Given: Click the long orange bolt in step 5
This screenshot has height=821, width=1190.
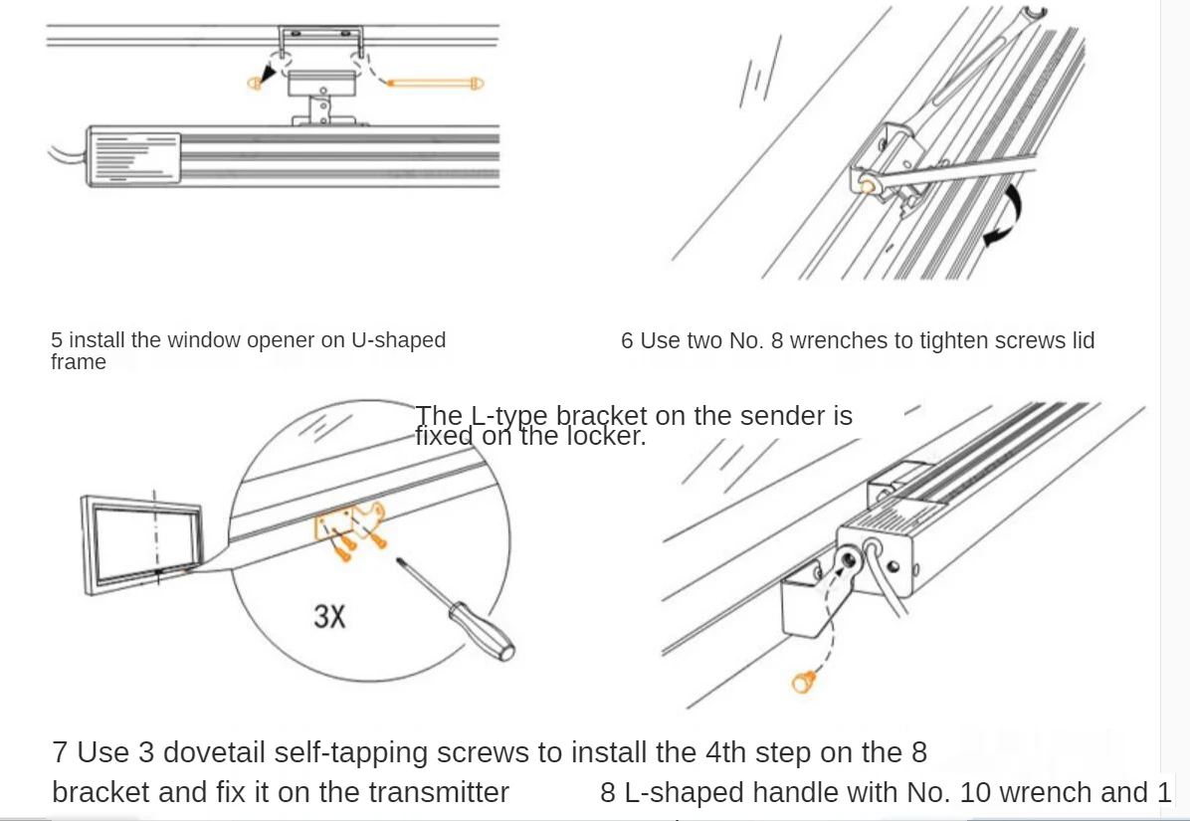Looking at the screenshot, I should pyautogui.click(x=436, y=83).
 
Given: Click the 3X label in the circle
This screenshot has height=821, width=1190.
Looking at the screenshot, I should pyautogui.click(x=329, y=617).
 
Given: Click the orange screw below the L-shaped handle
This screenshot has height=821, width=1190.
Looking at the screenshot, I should pyautogui.click(x=802, y=682).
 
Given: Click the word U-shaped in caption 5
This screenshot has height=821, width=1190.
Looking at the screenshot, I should pyautogui.click(x=398, y=340).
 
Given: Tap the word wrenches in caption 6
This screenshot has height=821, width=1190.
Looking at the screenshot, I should pyautogui.click(x=839, y=340).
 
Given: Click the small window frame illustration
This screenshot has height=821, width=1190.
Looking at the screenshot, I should pyautogui.click(x=140, y=542).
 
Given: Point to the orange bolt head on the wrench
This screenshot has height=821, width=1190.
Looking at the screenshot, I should pyautogui.click(x=868, y=185).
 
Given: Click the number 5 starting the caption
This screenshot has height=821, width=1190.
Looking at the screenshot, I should pyautogui.click(x=57, y=340).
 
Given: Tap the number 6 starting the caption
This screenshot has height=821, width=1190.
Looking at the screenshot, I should pyautogui.click(x=627, y=340).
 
